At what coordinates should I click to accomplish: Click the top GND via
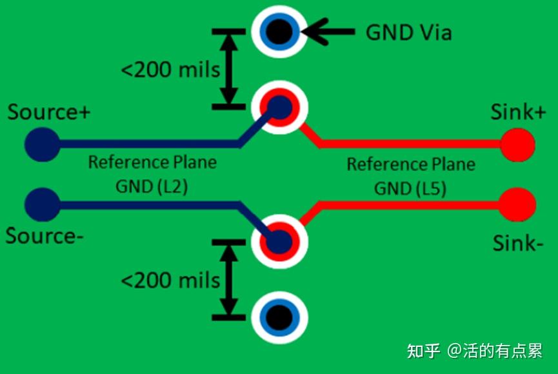pos(279,31)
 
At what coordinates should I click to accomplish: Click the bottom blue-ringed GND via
pos(279,317)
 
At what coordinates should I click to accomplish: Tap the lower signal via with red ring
pos(279,242)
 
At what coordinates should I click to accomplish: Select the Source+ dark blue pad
pos(41,144)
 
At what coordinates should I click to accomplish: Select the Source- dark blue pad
pos(41,204)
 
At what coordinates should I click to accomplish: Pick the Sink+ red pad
pos(518,144)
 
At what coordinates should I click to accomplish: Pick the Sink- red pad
pos(518,204)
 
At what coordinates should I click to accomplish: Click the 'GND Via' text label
pos(408,32)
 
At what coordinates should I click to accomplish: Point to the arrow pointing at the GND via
pos(329,31)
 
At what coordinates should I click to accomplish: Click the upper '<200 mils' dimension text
pos(170,69)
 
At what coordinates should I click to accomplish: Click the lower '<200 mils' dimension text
pos(170,280)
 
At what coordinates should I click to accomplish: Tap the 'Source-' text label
pos(45,236)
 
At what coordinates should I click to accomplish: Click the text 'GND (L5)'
pos(410,188)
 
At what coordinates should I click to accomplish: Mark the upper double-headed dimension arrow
pos(228,68)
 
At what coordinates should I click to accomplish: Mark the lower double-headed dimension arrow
pos(228,279)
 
